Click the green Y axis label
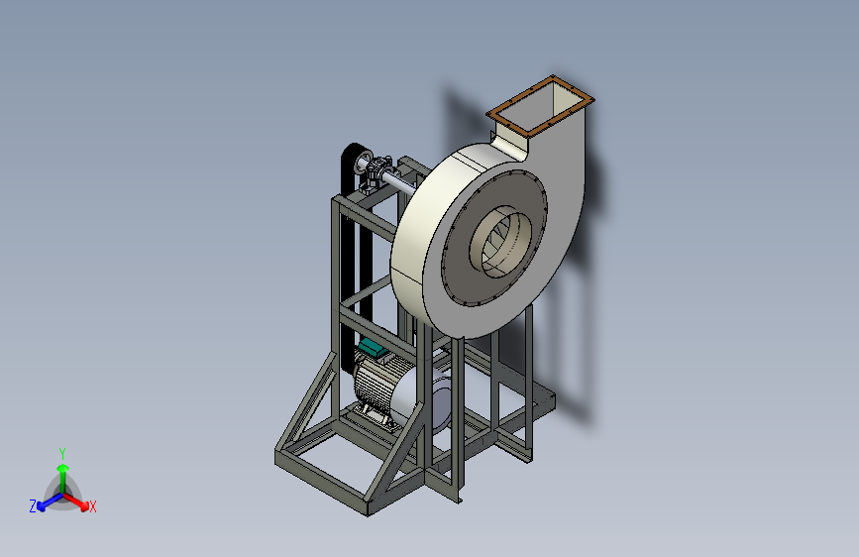tap(62, 453)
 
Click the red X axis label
tap(92, 506)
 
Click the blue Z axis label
tap(33, 506)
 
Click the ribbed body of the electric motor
tap(373, 384)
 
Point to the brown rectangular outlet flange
tap(540, 106)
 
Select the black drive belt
tap(350, 258)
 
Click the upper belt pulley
tap(363, 162)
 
